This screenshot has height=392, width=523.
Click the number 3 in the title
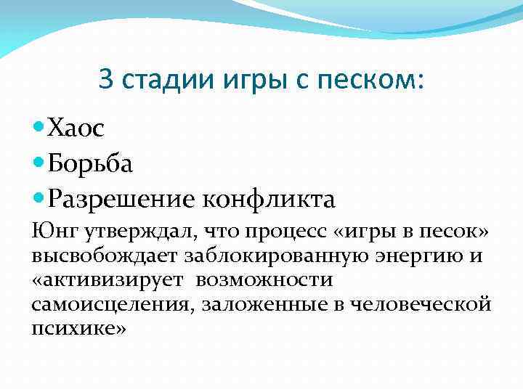(x=106, y=80)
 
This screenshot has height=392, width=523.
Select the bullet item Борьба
(x=90, y=164)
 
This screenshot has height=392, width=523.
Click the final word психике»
(x=79, y=327)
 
